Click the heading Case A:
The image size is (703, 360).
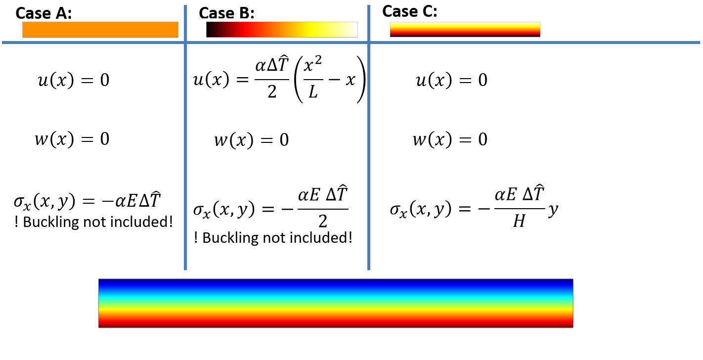[44, 13]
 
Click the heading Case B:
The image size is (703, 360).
[226, 13]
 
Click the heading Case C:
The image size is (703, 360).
[410, 11]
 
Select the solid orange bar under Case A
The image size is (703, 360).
[100, 30]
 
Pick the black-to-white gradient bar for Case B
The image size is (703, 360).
[281, 30]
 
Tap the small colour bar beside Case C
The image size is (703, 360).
[465, 29]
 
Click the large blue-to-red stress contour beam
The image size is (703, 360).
[336, 303]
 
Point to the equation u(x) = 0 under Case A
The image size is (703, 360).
[73, 80]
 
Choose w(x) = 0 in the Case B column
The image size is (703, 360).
[251, 140]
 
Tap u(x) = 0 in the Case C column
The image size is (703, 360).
[451, 80]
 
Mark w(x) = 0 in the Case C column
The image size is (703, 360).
[450, 139]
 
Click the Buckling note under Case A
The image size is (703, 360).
[94, 222]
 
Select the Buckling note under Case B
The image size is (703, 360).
[273, 238]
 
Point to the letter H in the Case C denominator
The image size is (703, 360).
[519, 222]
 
